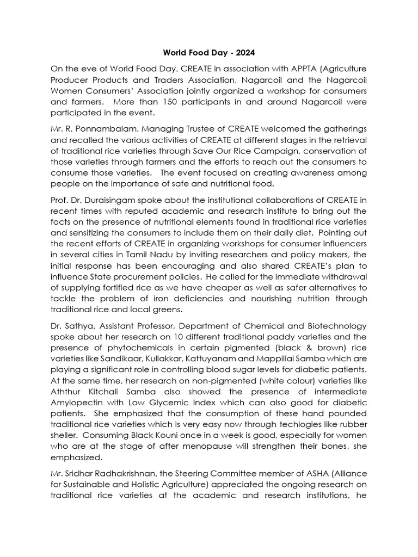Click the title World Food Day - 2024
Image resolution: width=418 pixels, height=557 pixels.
pyautogui.click(x=208, y=53)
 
